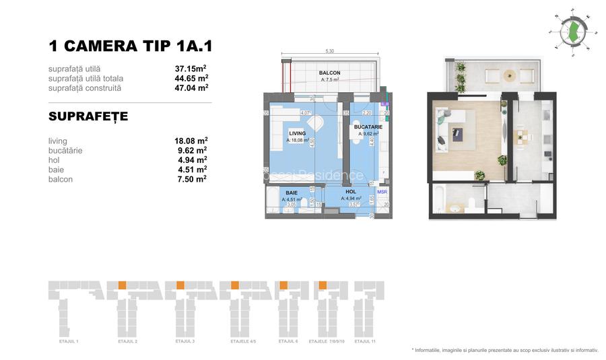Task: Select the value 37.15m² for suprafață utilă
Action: pos(191,69)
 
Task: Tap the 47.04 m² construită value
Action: pos(191,87)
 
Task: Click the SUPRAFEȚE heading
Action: pos(88,117)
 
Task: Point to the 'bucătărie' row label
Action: pos(65,151)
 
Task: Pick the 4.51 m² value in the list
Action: pos(190,170)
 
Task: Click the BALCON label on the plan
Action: pos(329,73)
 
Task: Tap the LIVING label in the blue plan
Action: pos(297,133)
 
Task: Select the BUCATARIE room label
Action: pos(368,127)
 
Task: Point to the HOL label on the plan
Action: pos(350,192)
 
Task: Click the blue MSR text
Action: pos(382,192)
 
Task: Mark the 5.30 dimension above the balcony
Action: pos(329,50)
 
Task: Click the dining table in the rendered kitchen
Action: pos(521,138)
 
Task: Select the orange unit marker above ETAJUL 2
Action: pos(122,285)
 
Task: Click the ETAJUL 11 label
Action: pos(365,342)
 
